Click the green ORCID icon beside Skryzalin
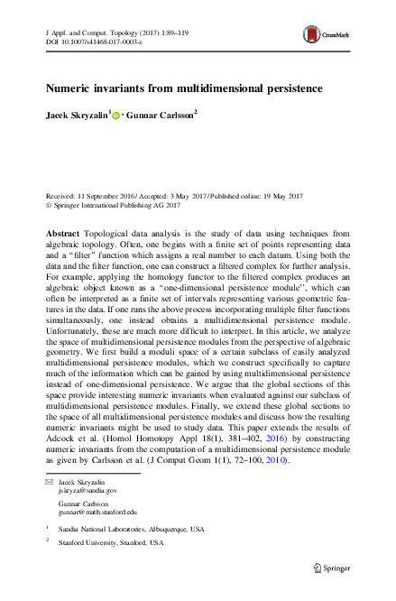click(x=116, y=115)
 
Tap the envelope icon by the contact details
click(x=49, y=483)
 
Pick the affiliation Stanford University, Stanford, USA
click(x=106, y=543)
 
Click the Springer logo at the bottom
click(x=332, y=568)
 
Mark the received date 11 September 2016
click(x=106, y=196)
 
